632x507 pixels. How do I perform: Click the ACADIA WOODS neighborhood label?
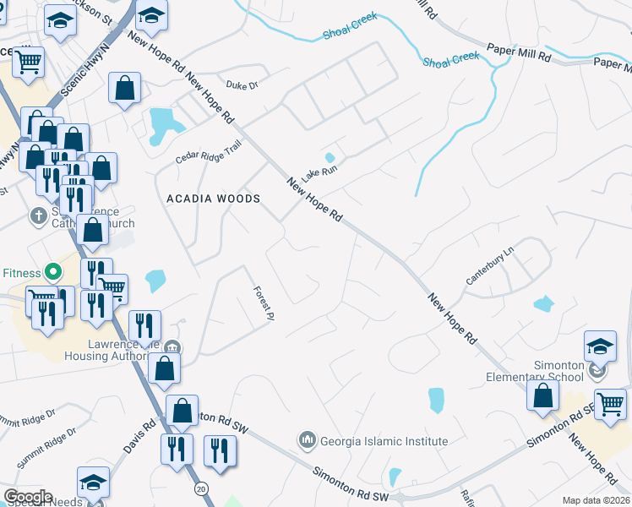tap(213, 198)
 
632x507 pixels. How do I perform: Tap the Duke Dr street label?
tap(241, 84)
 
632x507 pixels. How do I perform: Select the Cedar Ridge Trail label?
tap(208, 151)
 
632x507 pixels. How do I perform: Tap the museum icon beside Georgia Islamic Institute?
tap(307, 440)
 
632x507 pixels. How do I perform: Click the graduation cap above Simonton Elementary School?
tap(599, 345)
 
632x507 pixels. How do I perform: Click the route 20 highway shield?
tap(201, 488)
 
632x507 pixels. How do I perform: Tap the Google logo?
tap(28, 497)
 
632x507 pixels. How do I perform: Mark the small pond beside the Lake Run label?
tap(330, 157)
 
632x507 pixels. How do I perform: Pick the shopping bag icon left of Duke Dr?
tap(124, 87)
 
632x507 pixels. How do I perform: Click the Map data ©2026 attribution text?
tap(595, 500)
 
